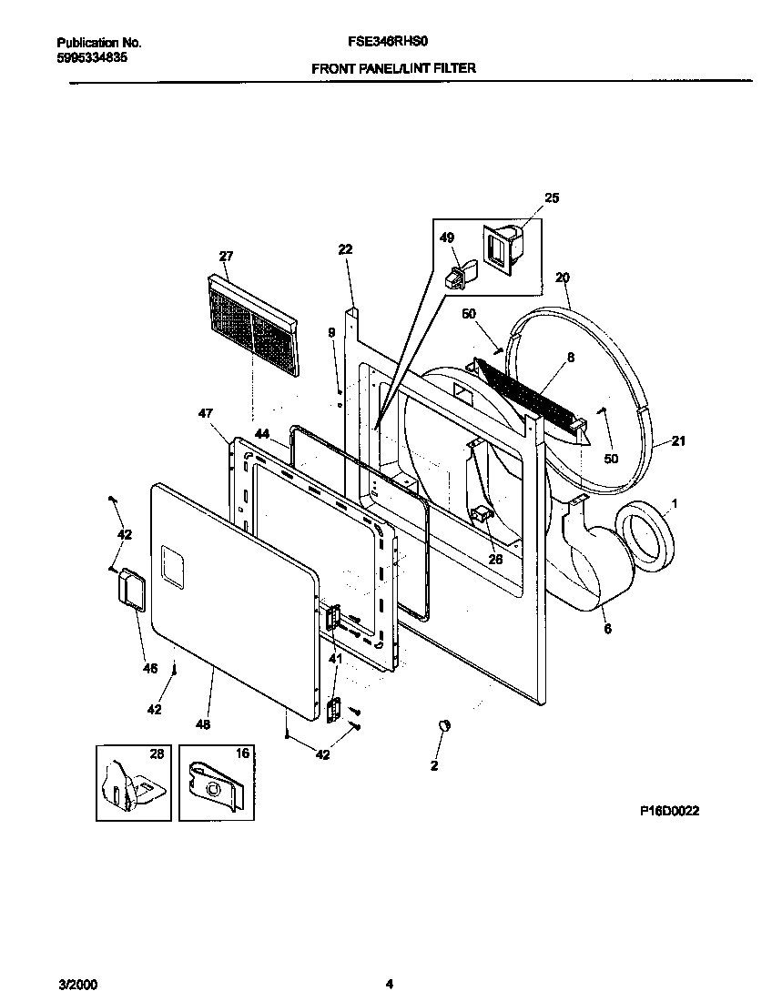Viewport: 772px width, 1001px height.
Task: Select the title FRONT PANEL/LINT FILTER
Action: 393,67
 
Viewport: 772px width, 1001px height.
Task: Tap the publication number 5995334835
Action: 92,57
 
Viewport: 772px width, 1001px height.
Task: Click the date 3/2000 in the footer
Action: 77,984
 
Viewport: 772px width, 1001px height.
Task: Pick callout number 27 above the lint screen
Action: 226,256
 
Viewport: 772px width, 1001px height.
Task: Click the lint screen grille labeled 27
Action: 251,326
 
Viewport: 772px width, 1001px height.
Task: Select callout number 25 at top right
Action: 552,197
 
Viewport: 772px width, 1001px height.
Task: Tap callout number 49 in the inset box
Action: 446,238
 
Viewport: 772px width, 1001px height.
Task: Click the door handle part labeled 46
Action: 133,588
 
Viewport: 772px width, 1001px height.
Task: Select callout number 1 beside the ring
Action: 675,502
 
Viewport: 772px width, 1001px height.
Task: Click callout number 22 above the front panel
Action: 345,249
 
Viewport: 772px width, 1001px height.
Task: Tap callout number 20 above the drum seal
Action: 562,277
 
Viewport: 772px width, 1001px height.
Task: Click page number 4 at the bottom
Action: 390,984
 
